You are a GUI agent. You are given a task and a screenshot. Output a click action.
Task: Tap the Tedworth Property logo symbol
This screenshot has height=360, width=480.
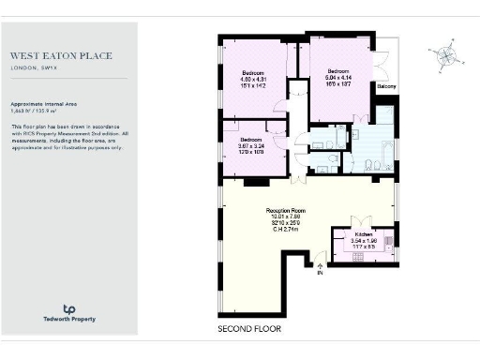(68, 308)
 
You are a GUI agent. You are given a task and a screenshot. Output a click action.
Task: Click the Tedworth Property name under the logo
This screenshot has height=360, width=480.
(68, 320)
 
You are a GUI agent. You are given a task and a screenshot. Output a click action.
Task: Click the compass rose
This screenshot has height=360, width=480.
(445, 57)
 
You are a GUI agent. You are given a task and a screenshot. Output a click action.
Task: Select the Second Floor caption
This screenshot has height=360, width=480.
(248, 329)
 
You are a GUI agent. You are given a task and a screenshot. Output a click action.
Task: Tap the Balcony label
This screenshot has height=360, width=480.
(386, 86)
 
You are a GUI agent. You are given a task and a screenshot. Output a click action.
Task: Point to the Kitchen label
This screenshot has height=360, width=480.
(363, 233)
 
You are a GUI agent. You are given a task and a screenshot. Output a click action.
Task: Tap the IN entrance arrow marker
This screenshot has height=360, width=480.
(320, 268)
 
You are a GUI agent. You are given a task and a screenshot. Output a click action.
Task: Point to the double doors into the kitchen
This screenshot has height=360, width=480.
(362, 222)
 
